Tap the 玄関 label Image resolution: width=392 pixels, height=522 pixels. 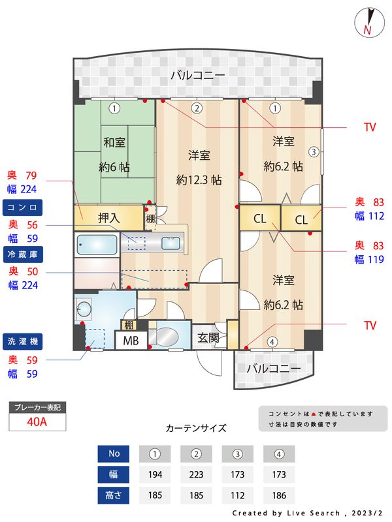tap(209, 338)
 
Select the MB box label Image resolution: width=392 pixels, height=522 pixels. tap(131, 341)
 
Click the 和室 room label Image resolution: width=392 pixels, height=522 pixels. tap(114, 142)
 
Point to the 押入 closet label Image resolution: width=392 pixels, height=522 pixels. tap(108, 218)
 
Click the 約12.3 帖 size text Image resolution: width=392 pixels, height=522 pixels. tap(199, 180)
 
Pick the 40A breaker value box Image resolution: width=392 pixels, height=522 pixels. tap(37, 422)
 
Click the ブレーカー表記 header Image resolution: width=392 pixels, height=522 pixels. tap(37, 408)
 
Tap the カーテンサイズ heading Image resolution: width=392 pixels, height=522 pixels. tap(196, 429)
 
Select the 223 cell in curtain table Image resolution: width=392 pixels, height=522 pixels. tap(196, 474)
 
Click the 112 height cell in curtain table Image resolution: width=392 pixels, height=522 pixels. tap(238, 495)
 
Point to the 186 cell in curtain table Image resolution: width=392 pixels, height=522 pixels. tap(279, 495)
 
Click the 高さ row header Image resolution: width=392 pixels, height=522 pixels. tap(114, 495)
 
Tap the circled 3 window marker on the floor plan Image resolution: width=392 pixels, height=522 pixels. tap(314, 152)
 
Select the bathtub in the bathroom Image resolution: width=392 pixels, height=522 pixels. tap(97, 246)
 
